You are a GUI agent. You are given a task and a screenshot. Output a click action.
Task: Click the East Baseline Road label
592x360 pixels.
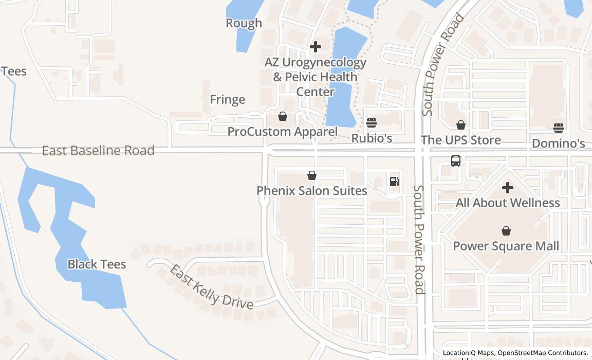[x=98, y=151]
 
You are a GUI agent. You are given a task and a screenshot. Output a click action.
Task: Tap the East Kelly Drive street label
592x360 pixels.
[x=212, y=287]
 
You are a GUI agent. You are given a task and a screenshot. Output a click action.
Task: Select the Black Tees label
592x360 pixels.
[x=97, y=264]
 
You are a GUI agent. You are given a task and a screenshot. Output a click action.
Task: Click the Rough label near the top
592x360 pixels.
[x=244, y=23]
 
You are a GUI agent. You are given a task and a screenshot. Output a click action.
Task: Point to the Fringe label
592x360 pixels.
[x=227, y=99]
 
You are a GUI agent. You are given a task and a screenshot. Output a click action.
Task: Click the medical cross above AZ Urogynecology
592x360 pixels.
[x=316, y=47]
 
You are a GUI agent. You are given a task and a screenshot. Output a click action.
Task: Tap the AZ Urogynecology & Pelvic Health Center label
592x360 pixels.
[x=316, y=77]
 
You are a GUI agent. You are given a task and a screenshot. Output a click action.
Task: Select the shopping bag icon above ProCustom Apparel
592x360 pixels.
[x=282, y=117]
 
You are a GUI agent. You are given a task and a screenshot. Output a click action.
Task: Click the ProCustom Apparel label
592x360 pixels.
[x=282, y=132]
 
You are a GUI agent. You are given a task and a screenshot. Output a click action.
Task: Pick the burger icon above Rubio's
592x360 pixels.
[x=372, y=123]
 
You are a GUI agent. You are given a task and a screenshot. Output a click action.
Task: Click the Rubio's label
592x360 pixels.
[x=372, y=138]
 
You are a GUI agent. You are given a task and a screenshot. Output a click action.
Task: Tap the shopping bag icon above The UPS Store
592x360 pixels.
[x=461, y=125]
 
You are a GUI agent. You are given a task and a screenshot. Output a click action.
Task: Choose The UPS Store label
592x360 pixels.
[x=460, y=140]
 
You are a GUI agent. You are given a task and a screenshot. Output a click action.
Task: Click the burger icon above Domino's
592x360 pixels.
[x=559, y=128]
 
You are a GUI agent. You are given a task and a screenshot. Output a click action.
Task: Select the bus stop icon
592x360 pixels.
[x=456, y=161]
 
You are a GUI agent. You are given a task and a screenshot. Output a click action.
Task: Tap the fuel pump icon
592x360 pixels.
[x=395, y=181]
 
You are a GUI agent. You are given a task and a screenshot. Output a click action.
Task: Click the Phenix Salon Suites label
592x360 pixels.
[x=311, y=191]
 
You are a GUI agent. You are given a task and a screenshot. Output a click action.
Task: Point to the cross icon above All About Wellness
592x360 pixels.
[x=508, y=188]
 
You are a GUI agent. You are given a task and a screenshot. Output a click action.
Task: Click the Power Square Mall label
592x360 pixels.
[x=506, y=246]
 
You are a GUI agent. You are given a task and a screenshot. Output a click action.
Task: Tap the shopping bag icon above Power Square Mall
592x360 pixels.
[x=506, y=231]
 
